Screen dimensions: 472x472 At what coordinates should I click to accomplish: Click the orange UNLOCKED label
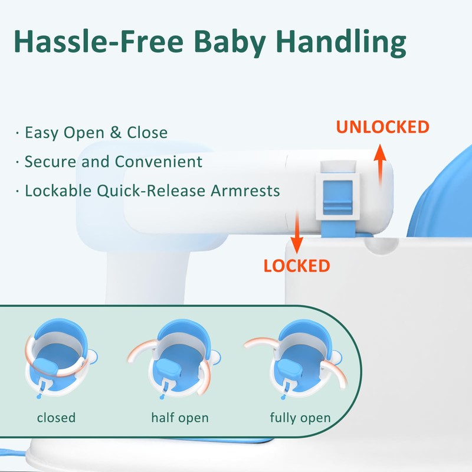[382, 127]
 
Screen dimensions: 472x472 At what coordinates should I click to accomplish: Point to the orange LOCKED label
[296, 265]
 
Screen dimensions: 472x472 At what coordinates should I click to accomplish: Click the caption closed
[56, 418]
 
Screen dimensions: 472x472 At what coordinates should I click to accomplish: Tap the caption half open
[180, 418]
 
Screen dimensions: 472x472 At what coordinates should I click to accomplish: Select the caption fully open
[300, 418]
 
